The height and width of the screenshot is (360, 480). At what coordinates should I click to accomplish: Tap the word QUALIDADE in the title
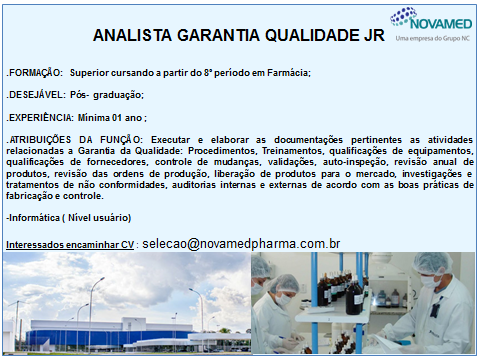(293, 36)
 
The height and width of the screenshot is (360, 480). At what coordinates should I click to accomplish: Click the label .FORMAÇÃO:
(35, 73)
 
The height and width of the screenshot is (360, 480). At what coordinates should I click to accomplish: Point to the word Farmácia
(289, 73)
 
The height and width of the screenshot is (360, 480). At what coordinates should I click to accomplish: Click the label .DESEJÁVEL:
(35, 95)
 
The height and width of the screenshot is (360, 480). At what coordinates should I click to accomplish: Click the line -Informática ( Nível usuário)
(68, 218)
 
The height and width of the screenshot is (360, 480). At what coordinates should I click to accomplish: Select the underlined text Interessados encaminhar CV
(69, 245)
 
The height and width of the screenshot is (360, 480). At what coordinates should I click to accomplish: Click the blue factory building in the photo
(130, 318)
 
